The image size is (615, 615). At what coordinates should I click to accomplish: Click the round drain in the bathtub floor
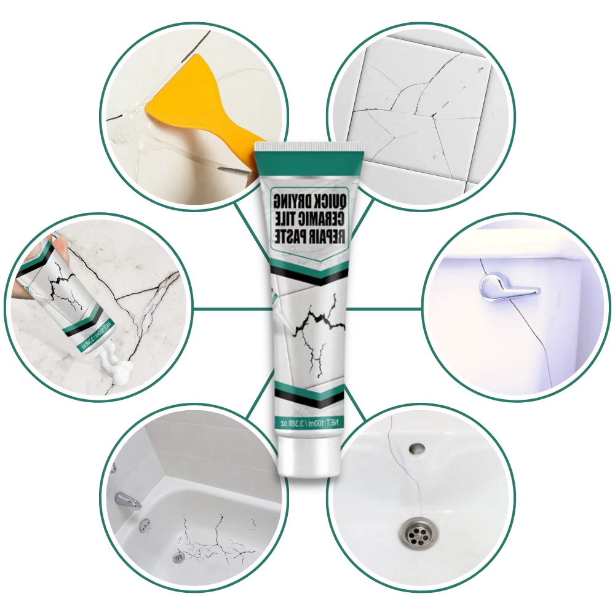click(x=178, y=557)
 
